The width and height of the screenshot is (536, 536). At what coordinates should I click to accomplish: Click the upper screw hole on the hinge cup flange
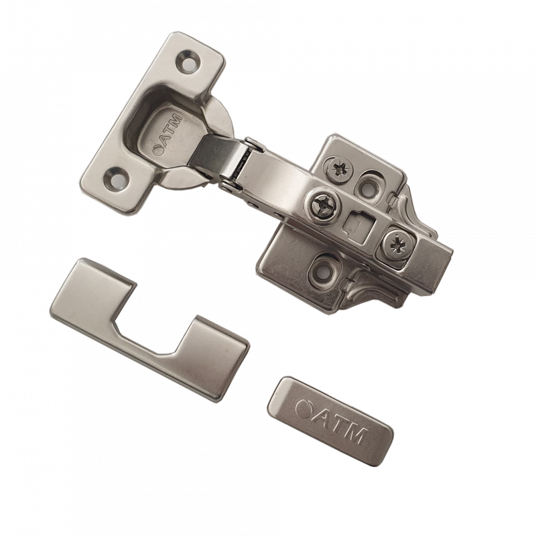click(188, 62)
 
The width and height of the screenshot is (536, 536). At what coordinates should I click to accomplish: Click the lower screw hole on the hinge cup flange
click(117, 178)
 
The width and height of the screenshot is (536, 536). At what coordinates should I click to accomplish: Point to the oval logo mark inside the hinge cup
click(158, 149)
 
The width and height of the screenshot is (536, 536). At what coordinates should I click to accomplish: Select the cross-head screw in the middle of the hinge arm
click(323, 206)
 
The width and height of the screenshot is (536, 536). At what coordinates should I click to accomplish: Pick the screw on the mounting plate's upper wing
click(339, 169)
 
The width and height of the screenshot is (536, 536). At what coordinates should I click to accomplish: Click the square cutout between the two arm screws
click(358, 225)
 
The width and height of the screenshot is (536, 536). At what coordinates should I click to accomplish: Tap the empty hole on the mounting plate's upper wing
click(366, 187)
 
